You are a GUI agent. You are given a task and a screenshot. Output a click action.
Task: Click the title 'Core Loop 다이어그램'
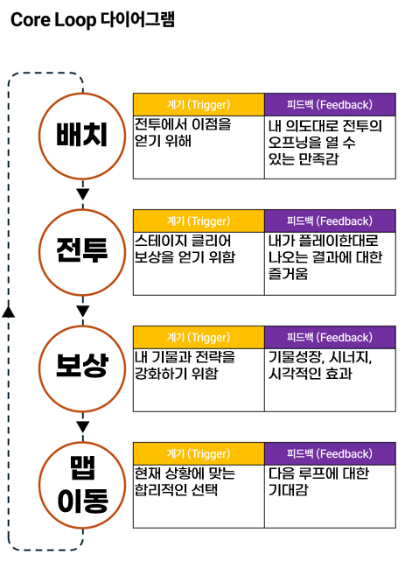93,20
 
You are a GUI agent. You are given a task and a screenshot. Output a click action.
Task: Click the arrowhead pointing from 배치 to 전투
83,194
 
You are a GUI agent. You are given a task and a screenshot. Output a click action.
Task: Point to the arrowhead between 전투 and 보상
83,311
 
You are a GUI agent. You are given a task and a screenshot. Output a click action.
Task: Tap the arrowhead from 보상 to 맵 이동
83,427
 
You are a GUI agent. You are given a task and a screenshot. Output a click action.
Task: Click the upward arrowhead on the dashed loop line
9,312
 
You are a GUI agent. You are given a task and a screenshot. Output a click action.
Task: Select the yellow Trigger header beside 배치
199,105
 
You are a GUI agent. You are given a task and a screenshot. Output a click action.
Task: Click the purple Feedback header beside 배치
330,105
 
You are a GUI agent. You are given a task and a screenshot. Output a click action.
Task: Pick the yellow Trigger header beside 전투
199,221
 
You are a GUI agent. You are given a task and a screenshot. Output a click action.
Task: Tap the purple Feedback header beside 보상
330,337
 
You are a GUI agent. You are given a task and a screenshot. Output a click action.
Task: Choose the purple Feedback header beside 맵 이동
330,453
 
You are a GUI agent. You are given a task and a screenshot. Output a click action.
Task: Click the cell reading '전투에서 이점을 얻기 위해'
199,147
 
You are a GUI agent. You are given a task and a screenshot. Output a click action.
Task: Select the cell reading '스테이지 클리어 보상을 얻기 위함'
199,263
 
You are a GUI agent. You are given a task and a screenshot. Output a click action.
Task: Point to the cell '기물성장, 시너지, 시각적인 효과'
330,380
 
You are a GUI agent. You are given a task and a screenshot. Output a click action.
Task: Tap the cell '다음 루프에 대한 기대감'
330,496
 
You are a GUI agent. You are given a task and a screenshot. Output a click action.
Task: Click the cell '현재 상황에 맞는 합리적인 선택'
199,496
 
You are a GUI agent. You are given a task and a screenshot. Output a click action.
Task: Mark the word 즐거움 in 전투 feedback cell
289,274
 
